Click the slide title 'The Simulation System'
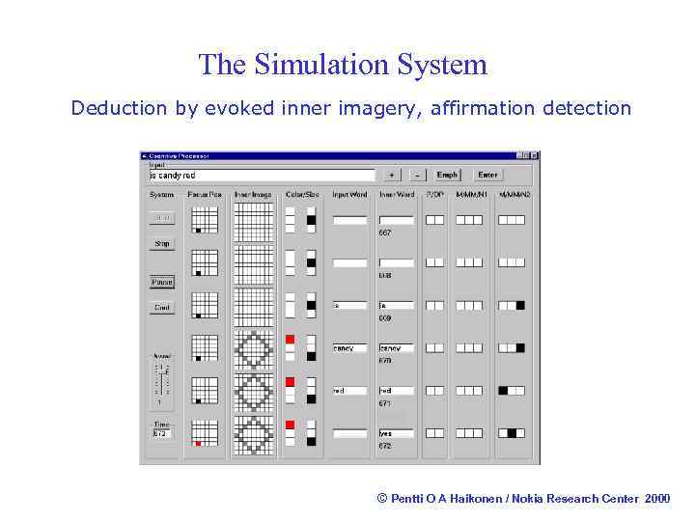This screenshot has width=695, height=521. coord(343,65)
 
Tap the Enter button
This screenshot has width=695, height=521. coord(487,175)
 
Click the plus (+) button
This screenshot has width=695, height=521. coord(391,175)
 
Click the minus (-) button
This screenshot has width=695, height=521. coord(418,175)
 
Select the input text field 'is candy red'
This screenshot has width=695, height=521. coord(260,176)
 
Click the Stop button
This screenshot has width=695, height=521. coord(162,244)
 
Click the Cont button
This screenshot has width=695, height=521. coord(162,308)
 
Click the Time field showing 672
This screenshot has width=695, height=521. coord(162,433)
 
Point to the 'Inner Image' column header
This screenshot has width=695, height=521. coord(254,195)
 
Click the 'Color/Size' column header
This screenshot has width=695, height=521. coord(300,195)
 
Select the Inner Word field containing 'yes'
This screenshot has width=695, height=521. coord(396,433)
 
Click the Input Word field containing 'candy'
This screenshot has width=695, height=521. coord(349,348)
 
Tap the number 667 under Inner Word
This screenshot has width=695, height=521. coord(385,233)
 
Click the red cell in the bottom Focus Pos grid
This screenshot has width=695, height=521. coord(198,443)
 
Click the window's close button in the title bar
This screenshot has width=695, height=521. coord(534,155)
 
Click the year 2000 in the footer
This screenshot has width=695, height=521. coord(656,498)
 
